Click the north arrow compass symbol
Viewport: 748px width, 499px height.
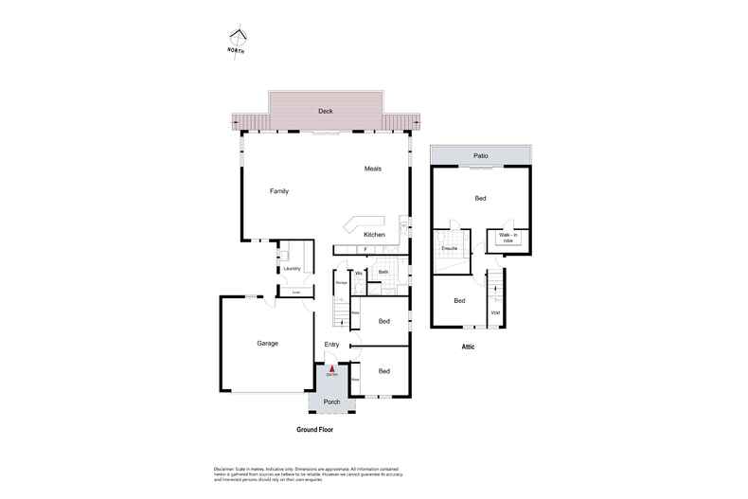pos(237,40)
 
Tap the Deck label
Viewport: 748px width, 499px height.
pos(325,111)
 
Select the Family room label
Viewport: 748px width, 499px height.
pos(278,191)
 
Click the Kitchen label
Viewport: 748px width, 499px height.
pos(375,234)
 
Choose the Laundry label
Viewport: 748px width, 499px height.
pos(292,269)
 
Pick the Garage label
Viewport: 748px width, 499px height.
pos(267,343)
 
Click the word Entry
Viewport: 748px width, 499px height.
pos(331,344)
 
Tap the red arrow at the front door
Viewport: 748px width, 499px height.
pos(331,369)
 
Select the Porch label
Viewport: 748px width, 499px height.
pos(331,401)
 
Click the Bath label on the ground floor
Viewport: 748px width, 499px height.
pos(383,272)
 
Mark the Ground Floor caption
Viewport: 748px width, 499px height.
pos(314,429)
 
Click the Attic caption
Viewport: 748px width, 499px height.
pos(468,347)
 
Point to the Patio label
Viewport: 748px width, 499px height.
pos(479,154)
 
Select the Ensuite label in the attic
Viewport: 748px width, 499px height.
pos(449,248)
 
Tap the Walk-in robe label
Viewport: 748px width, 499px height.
pos(508,238)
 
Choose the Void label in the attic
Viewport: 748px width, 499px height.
pos(495,312)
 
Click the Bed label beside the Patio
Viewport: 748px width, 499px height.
pos(480,198)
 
